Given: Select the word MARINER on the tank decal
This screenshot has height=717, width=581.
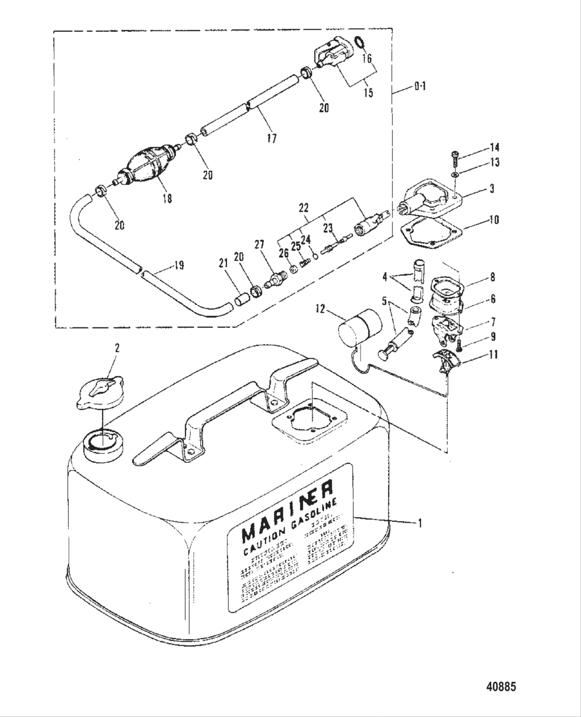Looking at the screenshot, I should tap(288, 511).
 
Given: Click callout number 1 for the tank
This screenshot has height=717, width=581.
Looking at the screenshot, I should tap(420, 523).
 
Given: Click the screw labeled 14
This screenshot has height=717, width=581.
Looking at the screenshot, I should tap(455, 154).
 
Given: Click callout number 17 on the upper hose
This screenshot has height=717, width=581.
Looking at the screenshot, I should tap(271, 138).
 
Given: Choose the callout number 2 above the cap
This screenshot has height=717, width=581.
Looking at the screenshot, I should tap(117, 348).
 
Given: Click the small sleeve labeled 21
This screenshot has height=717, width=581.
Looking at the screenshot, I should tap(240, 301).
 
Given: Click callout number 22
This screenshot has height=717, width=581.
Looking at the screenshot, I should tap(303, 208).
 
